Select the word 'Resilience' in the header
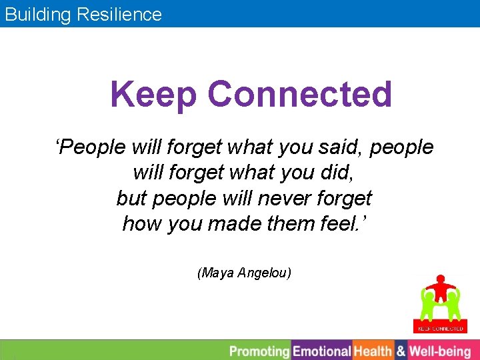tap(122, 15)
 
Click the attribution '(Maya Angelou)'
tap(244, 273)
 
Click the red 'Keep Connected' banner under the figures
tap(440, 329)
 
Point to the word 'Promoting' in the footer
tap(259, 351)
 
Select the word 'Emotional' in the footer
tap(322, 351)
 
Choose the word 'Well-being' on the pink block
tap(440, 351)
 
